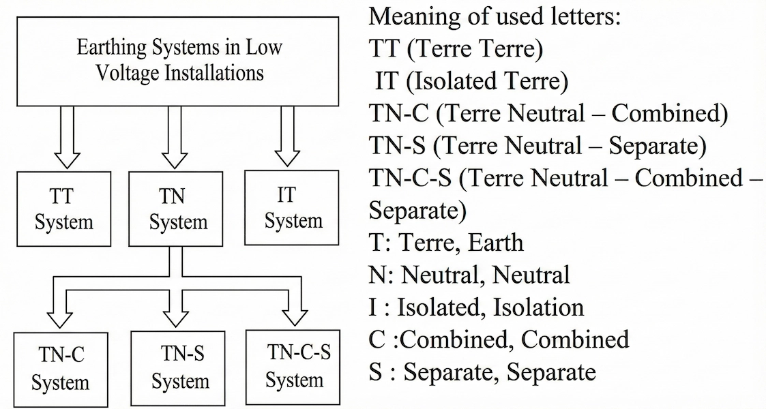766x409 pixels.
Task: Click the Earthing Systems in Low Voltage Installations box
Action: click(x=179, y=60)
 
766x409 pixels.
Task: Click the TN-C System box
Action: click(x=60, y=369)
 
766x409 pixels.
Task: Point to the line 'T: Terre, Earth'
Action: click(x=446, y=242)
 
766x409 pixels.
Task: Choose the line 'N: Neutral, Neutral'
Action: click(x=469, y=275)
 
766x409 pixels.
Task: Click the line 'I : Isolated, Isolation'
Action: click(x=476, y=307)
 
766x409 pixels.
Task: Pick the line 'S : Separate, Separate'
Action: click(x=482, y=372)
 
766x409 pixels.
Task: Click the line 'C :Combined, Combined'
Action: click(x=499, y=339)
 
